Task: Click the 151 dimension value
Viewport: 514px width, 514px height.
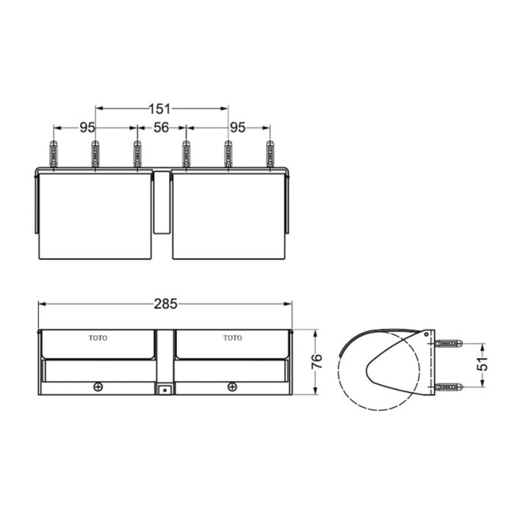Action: coord(162,109)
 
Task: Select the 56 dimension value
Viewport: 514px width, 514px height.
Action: coord(162,127)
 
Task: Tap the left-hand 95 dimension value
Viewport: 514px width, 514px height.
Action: coord(87,127)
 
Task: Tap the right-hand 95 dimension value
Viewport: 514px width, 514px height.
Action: coord(237,127)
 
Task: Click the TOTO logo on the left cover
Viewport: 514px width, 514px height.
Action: coord(98,338)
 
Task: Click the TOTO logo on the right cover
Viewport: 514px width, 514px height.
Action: coord(232,338)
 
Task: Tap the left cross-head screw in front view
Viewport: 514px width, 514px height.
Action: coord(98,386)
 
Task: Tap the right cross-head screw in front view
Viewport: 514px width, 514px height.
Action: coord(232,386)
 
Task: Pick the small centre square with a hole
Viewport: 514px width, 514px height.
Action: coord(165,389)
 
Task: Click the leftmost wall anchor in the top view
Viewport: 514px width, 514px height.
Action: coord(53,153)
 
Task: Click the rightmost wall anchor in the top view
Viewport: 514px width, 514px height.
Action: coord(269,153)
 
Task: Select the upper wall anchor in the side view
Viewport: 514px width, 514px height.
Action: coord(448,344)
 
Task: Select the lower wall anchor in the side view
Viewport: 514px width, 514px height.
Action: coord(448,386)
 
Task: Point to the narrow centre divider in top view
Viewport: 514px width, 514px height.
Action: coord(162,203)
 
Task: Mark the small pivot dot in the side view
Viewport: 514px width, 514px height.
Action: coord(427,334)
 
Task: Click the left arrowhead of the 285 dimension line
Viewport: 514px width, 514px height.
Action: coord(42,303)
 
